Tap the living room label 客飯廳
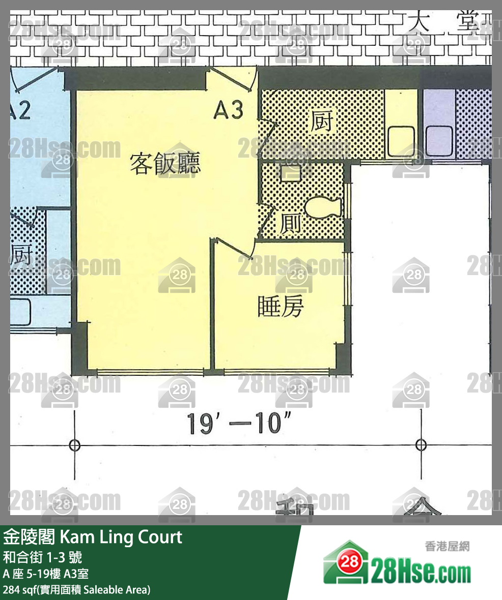pos(164,164)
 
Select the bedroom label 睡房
pos(281,306)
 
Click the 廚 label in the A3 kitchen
pos(321,122)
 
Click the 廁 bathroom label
pos(290,223)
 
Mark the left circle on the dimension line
pos(74,445)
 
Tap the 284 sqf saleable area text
pos(76,590)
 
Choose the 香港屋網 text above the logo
pos(447,547)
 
